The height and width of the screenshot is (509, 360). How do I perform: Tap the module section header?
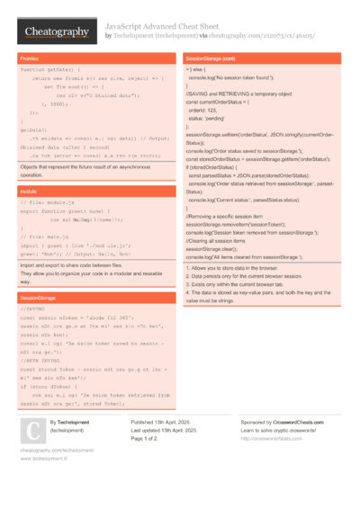[29, 192]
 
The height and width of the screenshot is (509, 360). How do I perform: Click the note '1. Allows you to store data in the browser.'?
[247, 268]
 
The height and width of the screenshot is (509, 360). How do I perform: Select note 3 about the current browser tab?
[247, 284]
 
